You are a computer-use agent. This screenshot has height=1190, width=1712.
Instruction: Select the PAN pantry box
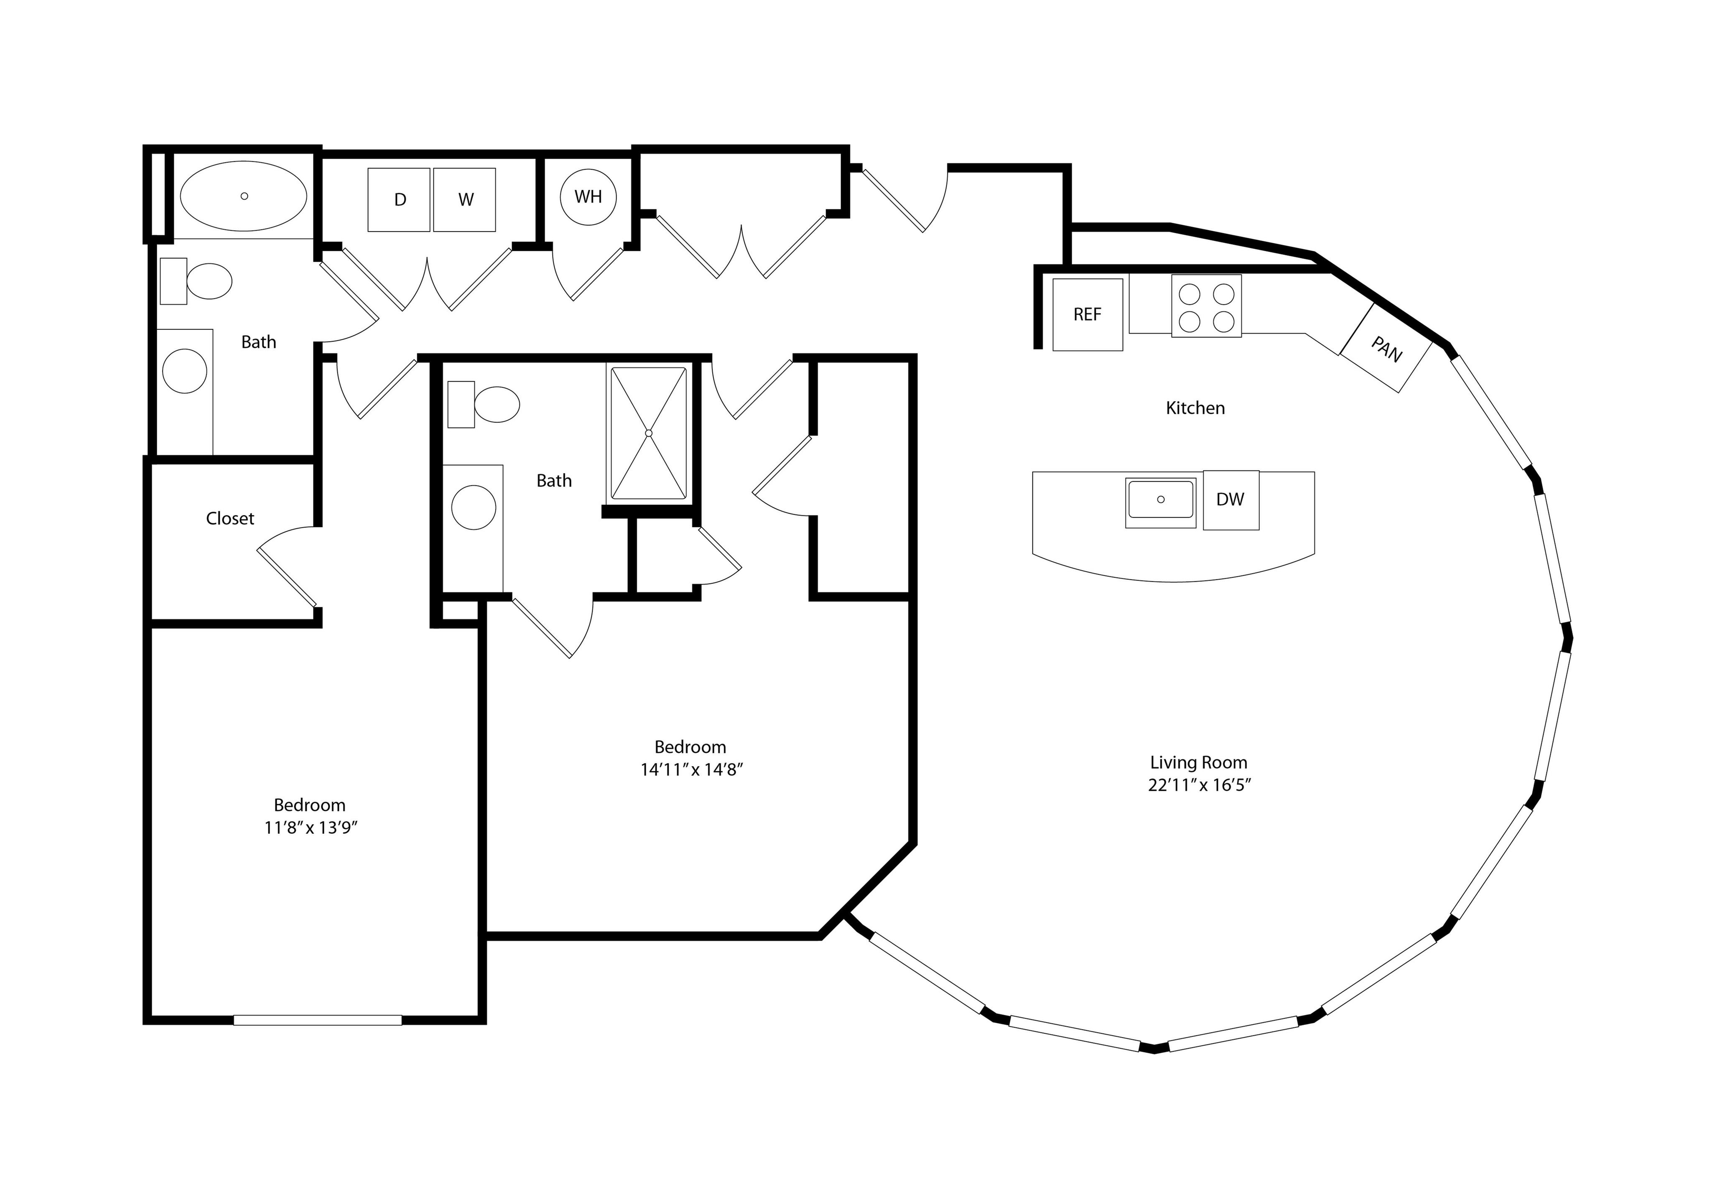[x=1386, y=348]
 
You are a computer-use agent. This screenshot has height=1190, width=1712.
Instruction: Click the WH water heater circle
[x=588, y=197]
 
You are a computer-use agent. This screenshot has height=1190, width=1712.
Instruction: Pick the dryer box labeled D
[x=399, y=200]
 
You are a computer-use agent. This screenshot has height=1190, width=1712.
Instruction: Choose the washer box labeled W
[x=464, y=200]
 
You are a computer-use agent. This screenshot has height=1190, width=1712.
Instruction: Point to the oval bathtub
[x=244, y=196]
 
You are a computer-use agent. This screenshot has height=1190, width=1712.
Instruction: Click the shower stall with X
[x=649, y=433]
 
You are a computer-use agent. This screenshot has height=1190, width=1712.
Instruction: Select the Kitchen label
[x=1195, y=408]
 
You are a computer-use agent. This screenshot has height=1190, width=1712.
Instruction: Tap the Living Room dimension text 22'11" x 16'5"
[x=1199, y=785]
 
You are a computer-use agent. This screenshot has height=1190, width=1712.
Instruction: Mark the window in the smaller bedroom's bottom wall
[x=318, y=1020]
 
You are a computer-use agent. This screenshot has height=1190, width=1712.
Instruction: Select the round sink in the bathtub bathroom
[x=185, y=371]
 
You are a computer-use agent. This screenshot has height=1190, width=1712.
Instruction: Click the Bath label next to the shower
[x=554, y=481]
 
